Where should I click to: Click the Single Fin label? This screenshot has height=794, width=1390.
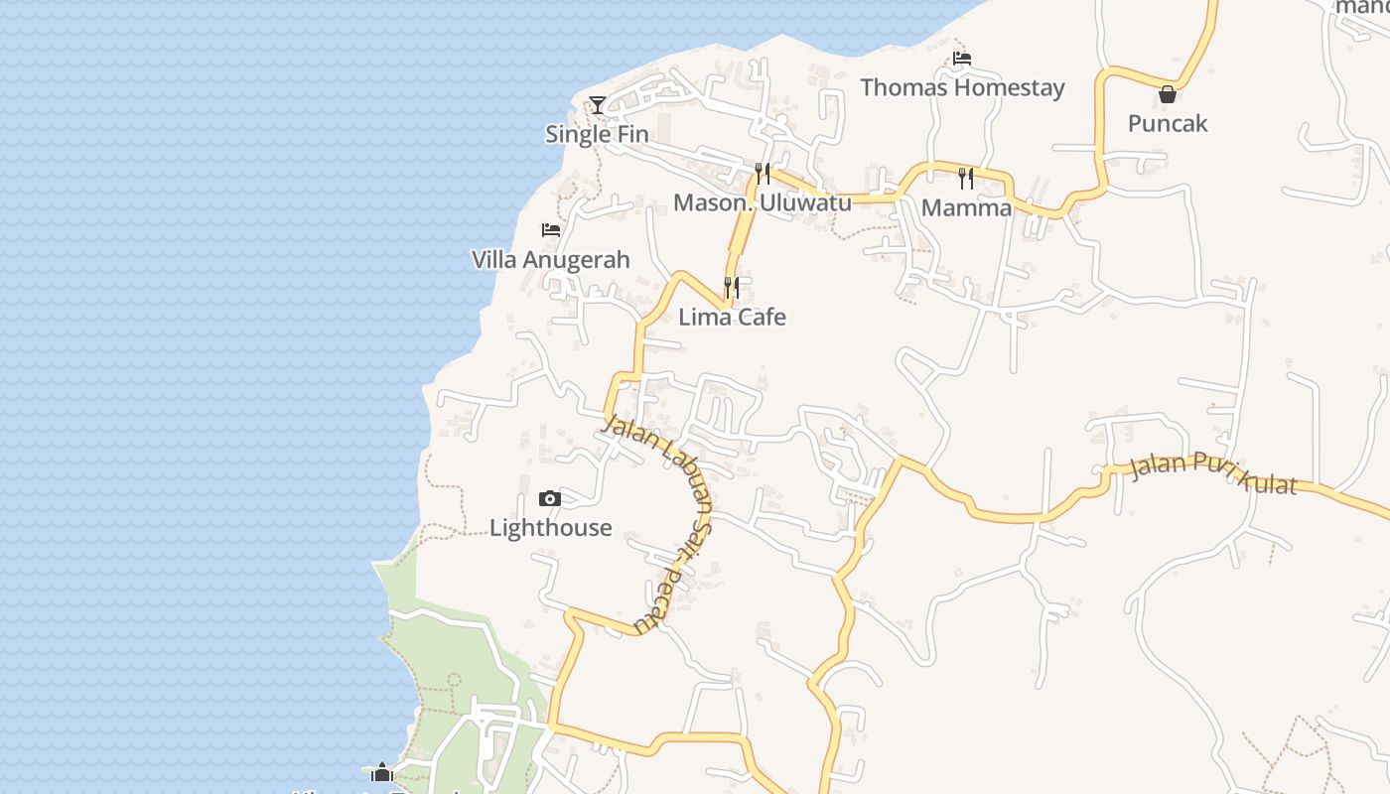tap(597, 134)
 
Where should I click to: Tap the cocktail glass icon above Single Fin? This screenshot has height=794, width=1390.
tap(597, 104)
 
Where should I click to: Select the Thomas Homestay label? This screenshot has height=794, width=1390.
tap(962, 87)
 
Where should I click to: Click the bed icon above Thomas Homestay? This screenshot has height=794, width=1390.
tap(961, 59)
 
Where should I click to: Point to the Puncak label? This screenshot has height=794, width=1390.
tap(1168, 123)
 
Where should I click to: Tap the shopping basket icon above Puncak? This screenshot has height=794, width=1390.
tap(1168, 94)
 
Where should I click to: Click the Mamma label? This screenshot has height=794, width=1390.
tap(966, 207)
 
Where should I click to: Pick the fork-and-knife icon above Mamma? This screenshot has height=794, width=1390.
tap(966, 179)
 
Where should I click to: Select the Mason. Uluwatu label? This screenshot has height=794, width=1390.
tap(763, 202)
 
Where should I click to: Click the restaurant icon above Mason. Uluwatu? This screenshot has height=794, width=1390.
tap(763, 174)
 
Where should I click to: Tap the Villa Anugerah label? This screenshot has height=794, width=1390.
tap(550, 260)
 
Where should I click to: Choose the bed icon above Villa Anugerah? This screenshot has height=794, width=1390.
tap(551, 230)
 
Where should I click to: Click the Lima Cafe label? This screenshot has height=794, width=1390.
tap(732, 317)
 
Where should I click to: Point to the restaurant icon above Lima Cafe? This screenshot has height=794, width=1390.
tap(732, 288)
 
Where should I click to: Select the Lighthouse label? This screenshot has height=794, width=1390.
tap(550, 527)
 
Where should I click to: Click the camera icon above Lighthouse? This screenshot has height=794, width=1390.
tap(550, 498)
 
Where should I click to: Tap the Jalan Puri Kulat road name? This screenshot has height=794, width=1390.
tap(1213, 472)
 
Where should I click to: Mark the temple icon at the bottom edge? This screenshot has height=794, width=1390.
tap(382, 772)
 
